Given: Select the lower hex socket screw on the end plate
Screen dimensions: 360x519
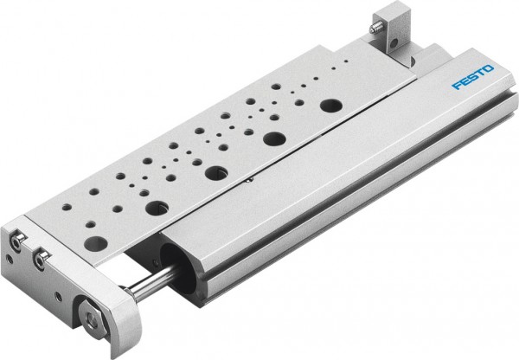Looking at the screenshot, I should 39,258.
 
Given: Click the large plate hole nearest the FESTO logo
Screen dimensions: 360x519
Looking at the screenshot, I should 330,106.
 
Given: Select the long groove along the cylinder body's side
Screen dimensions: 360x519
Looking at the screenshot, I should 346,199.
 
